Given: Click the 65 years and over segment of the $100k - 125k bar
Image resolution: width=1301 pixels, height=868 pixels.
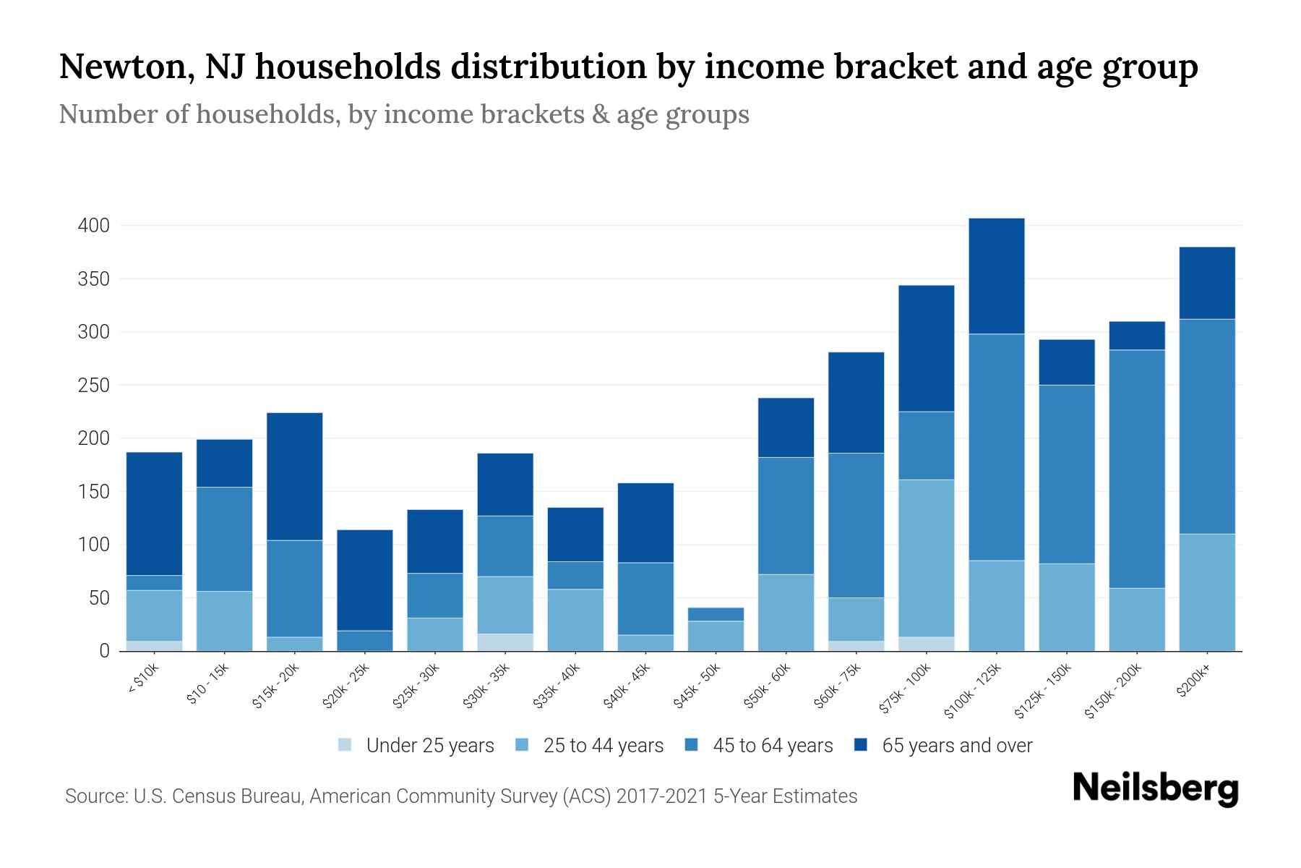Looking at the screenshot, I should [997, 276].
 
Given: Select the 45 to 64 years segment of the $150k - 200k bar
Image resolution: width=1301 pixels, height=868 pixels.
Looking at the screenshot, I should [1137, 469].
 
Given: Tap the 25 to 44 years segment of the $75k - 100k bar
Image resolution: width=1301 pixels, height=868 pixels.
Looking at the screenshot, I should [926, 558].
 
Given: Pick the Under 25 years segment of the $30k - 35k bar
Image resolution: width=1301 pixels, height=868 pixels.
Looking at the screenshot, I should [505, 642].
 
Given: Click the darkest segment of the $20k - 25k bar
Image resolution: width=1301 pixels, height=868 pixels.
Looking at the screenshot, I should [365, 580].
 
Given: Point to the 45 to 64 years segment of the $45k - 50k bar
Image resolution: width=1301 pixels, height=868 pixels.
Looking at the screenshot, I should [716, 614].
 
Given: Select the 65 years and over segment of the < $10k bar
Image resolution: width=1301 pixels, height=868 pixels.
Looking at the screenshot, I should [154, 514].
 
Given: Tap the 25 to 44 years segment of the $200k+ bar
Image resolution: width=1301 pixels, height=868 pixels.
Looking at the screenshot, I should [1207, 592].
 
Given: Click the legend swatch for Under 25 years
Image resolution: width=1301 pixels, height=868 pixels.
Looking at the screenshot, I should [345, 745].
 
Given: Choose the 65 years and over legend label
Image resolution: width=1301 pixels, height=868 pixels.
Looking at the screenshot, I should [957, 746].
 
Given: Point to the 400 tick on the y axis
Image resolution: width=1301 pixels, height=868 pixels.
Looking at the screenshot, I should [93, 226].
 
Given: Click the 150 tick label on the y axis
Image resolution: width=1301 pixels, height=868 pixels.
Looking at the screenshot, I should [93, 492].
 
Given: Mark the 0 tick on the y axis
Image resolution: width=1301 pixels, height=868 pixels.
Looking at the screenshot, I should [104, 651].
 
